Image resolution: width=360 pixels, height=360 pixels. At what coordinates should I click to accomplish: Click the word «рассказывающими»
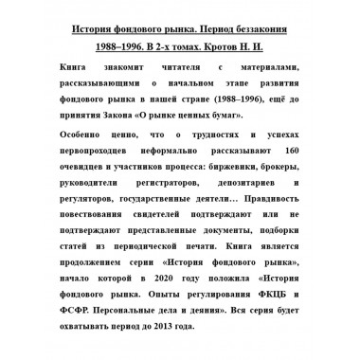117,83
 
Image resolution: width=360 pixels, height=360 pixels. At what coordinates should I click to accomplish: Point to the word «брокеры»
282,167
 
